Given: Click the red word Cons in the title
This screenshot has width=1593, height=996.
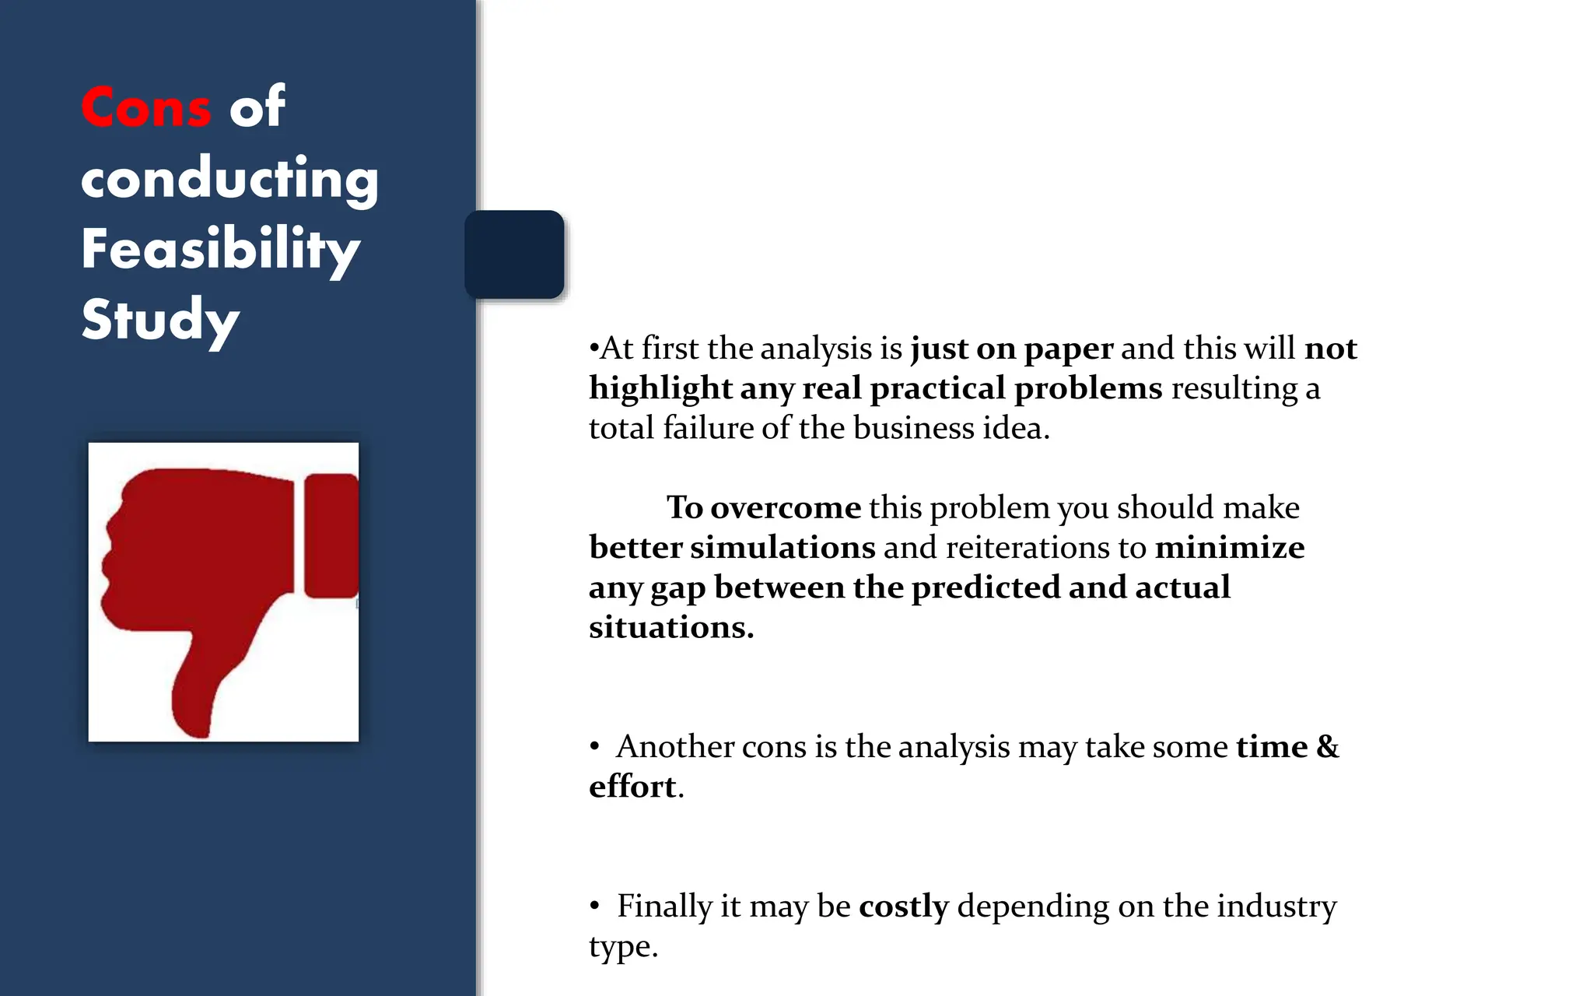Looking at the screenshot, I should pyautogui.click(x=146, y=107).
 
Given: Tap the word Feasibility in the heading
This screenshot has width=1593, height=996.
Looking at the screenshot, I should pyautogui.click(x=221, y=249).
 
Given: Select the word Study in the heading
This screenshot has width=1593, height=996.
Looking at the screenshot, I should pyautogui.click(x=160, y=319).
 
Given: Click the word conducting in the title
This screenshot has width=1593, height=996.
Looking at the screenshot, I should pyautogui.click(x=229, y=178).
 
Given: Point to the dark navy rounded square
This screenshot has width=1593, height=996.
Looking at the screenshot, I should pyautogui.click(x=514, y=254).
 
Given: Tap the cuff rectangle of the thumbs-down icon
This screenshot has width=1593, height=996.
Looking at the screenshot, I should pyautogui.click(x=331, y=535).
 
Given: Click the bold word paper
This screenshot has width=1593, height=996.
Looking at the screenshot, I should pyautogui.click(x=1069, y=349).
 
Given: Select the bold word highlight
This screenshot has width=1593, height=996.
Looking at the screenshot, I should pyautogui.click(x=660, y=388).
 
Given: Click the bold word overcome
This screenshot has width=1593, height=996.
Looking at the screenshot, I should pyautogui.click(x=786, y=507).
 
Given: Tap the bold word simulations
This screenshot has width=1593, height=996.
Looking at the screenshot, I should pyautogui.click(x=782, y=547).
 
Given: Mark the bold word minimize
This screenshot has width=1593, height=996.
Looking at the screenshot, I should pyautogui.click(x=1230, y=547).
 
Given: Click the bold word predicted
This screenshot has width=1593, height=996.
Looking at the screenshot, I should pyautogui.click(x=986, y=587).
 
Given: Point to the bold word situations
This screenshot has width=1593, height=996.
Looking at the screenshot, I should pyautogui.click(x=670, y=627).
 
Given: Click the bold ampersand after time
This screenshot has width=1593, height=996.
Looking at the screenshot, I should pyautogui.click(x=1327, y=746).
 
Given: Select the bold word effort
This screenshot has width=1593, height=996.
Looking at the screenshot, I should pyautogui.click(x=632, y=787).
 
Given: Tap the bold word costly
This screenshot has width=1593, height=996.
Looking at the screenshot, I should pyautogui.click(x=904, y=906).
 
